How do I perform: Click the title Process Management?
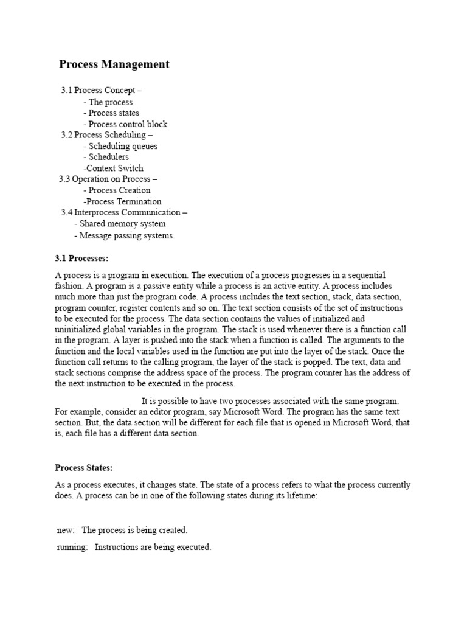pyautogui.click(x=114, y=64)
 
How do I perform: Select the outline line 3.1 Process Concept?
pyautogui.click(x=102, y=91)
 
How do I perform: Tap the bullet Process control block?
pyautogui.click(x=125, y=124)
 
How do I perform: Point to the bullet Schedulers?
pyautogui.click(x=106, y=157)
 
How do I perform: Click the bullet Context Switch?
pyautogui.click(x=114, y=168)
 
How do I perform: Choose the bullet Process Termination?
pyautogui.click(x=123, y=201)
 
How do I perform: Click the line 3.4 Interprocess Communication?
pyautogui.click(x=124, y=212)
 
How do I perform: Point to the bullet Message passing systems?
pyautogui.click(x=124, y=235)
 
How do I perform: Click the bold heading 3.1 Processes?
pyautogui.click(x=81, y=259)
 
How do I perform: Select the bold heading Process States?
pyautogui.click(x=84, y=468)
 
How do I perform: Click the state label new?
pyautogui.click(x=65, y=530)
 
